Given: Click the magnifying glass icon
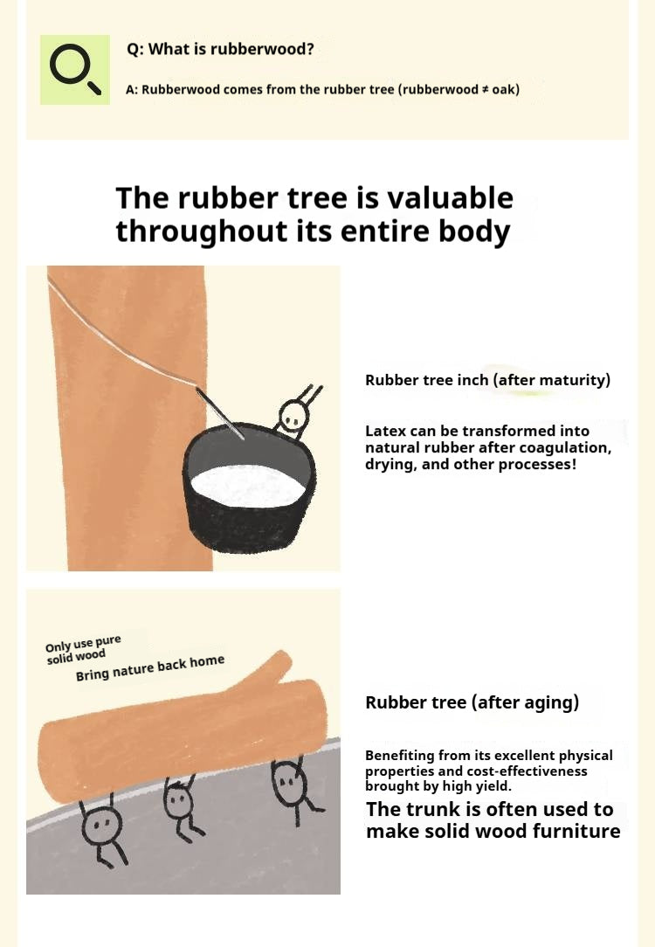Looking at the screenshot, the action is click(75, 70).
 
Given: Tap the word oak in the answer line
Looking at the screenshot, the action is click(503, 89).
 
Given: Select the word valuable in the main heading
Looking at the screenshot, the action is click(450, 197).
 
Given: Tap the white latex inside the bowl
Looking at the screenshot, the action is click(247, 487).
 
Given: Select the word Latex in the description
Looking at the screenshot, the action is click(384, 431).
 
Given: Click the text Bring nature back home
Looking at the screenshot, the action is click(150, 668).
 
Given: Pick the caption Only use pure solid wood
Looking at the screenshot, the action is click(83, 649).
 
